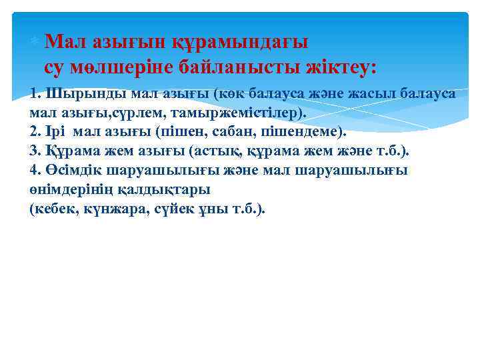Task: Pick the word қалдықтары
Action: click(x=163, y=189)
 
